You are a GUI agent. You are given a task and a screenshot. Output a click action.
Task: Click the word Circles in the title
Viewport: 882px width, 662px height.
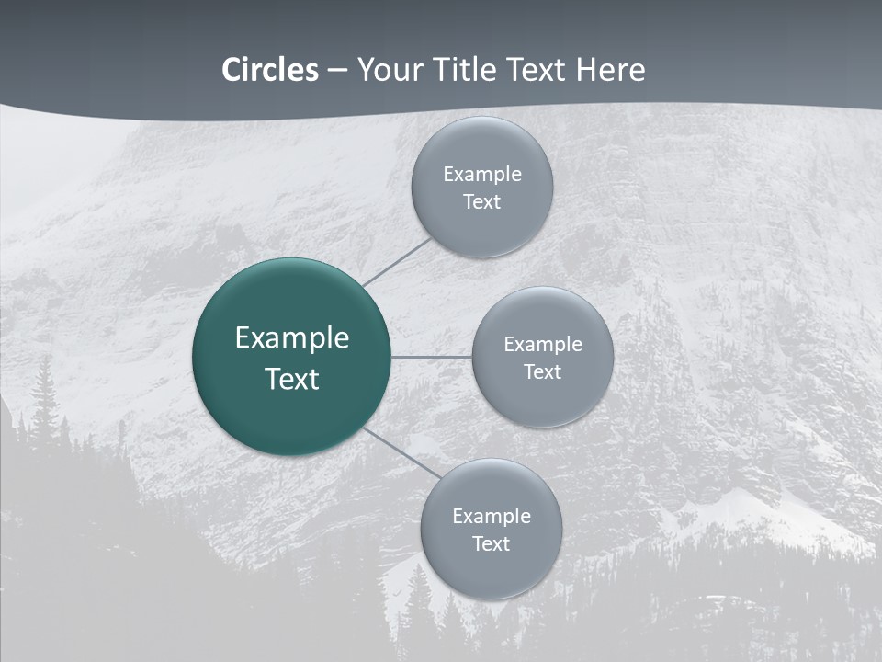[269, 70]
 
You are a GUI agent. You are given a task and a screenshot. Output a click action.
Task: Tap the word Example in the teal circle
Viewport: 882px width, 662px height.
[292, 338]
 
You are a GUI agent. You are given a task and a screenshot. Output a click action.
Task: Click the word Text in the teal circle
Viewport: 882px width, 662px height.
[292, 379]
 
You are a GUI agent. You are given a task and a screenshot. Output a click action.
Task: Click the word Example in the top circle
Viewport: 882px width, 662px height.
[482, 175]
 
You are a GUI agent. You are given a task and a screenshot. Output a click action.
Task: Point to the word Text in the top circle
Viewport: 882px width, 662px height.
[482, 202]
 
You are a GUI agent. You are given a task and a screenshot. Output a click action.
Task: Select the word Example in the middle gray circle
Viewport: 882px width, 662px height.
[543, 345]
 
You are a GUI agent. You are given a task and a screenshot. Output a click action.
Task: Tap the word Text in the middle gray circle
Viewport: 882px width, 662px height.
[543, 372]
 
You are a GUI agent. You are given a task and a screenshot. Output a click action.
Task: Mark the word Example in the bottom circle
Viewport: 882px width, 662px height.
[492, 517]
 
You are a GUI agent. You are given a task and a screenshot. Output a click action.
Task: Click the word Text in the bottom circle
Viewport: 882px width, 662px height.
[492, 544]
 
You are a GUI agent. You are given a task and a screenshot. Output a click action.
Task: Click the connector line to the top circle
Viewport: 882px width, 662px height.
[397, 262]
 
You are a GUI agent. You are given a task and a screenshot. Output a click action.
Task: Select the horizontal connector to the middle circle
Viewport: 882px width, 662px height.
[432, 356]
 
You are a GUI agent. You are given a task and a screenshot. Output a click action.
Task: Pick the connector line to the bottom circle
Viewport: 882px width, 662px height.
[401, 451]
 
